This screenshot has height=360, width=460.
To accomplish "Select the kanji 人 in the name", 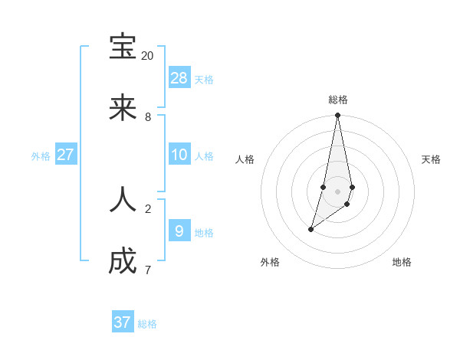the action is (x=123, y=199).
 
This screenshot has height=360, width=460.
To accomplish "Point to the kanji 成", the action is (x=123, y=261).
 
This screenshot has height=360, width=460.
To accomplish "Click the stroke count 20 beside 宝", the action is (x=148, y=56).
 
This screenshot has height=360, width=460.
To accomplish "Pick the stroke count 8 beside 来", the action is (x=148, y=117).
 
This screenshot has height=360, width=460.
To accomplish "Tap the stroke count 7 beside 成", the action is (x=148, y=270).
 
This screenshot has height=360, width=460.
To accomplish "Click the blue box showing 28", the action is (x=179, y=77).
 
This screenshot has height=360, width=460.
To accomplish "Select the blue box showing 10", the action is (x=179, y=154).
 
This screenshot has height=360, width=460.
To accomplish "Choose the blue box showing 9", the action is (x=179, y=231).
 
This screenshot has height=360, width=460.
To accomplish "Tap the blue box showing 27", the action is (x=66, y=154).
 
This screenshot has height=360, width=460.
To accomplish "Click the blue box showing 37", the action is (x=123, y=322).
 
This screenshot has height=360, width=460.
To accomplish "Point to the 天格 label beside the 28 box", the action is (x=204, y=79).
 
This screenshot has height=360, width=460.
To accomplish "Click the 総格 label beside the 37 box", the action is (x=147, y=324).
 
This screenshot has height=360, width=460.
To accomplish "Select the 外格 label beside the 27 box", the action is (x=41, y=156).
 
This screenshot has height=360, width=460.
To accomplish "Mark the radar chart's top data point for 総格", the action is (x=337, y=116).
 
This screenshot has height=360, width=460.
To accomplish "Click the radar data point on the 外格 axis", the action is (x=310, y=229).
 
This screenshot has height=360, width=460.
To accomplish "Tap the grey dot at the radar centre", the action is (x=337, y=191).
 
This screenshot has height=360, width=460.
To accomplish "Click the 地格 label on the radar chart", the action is (x=402, y=262).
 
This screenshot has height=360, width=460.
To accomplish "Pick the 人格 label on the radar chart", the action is (x=245, y=159).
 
